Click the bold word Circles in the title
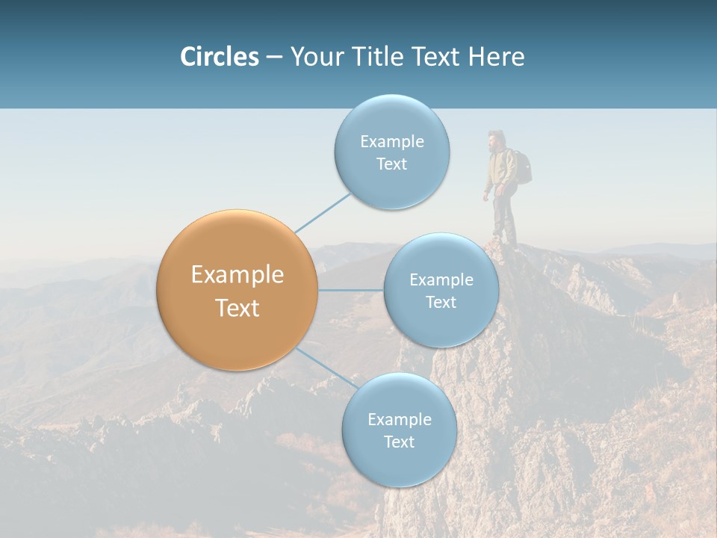(219, 57)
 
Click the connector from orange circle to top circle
(323, 211)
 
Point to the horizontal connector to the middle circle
(350, 290)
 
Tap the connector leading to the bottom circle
(326, 367)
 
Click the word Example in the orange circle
(237, 275)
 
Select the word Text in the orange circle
(237, 308)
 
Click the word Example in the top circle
(391, 141)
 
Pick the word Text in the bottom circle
(399, 442)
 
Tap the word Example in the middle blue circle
(441, 279)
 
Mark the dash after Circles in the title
(273, 57)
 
